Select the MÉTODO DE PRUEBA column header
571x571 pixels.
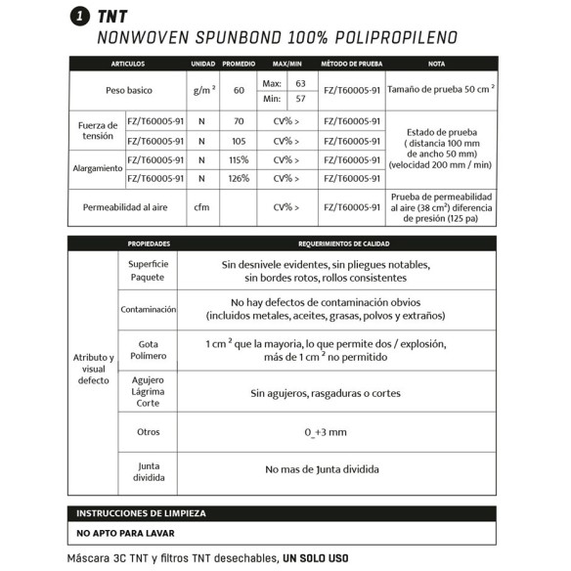coord(351,64)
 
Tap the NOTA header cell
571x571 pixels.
coord(437,64)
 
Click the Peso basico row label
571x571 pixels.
coord(127,91)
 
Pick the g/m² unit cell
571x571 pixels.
coord(203,91)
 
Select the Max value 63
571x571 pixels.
coord(300,83)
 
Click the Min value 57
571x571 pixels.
coord(300,99)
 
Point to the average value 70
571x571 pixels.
coord(239,123)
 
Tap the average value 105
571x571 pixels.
coord(239,142)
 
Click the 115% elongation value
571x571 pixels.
coord(239,160)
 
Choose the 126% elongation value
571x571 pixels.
coord(239,179)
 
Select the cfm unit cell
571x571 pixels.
coord(202,207)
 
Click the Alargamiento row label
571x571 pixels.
coord(98,169)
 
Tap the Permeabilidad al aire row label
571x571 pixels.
coord(127,207)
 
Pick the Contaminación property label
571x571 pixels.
coord(148,309)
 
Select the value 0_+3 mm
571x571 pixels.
coord(326,431)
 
